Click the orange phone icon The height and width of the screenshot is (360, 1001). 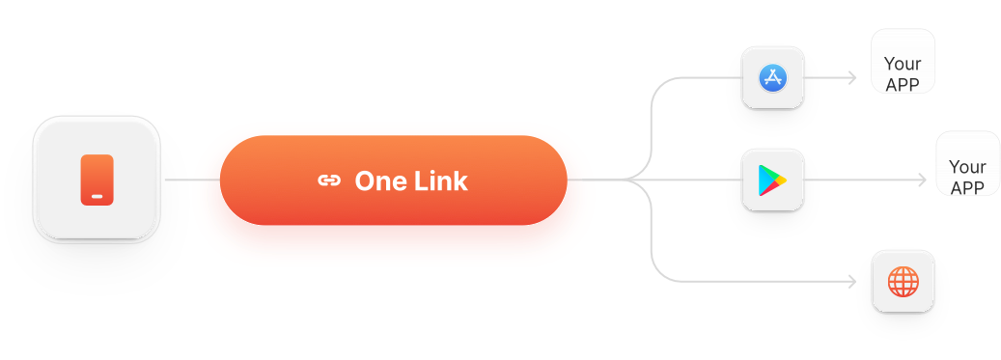point(97,180)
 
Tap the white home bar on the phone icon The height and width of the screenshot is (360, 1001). point(97,197)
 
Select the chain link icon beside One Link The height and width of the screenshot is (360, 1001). point(329,180)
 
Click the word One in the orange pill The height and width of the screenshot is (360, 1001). point(376,180)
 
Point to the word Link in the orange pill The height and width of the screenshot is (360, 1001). point(441,180)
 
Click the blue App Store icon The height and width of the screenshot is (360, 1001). point(772,77)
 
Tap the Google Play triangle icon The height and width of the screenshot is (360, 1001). point(772,180)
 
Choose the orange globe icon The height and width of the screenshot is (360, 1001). point(904,282)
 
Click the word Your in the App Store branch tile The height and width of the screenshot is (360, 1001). point(903,66)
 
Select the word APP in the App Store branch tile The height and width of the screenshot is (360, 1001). point(903,83)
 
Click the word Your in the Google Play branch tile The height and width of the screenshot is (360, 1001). point(967,168)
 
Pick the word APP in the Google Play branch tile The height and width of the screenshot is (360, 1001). point(967,186)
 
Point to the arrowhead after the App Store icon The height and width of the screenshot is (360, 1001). point(852,77)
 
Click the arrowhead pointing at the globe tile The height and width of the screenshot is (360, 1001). point(852,282)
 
